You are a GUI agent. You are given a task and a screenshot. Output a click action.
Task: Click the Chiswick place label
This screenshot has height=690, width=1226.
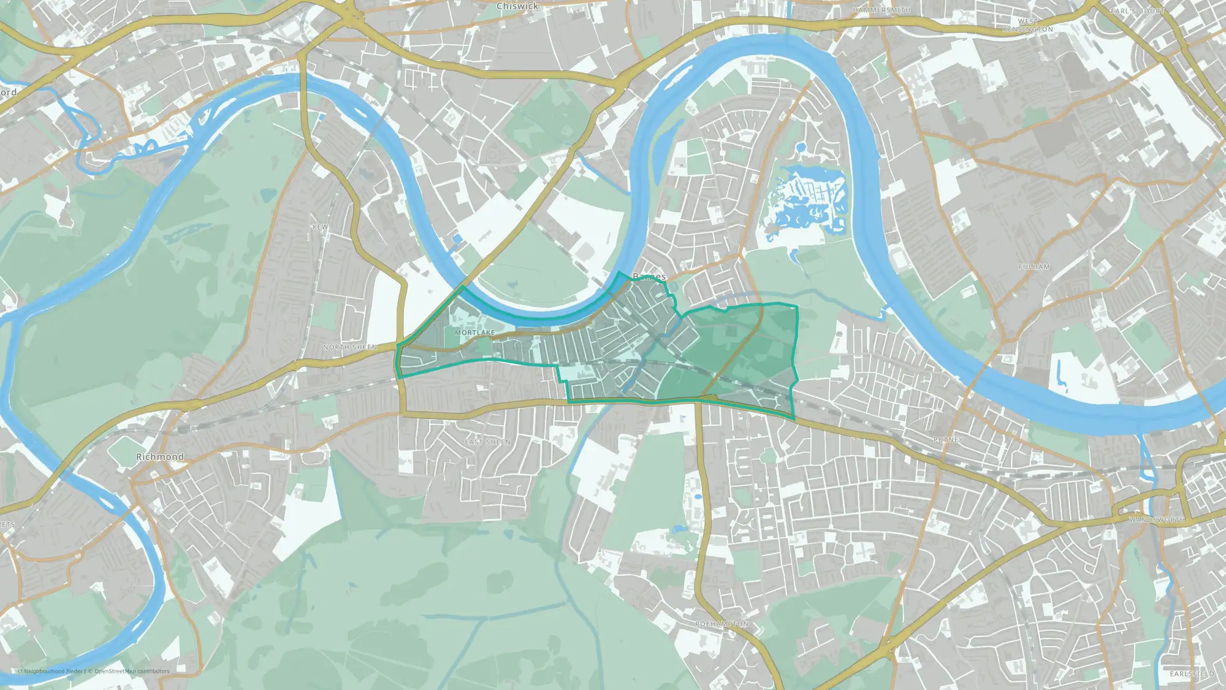(x=517, y=6)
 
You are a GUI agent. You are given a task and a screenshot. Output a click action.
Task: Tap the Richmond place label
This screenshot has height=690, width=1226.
(x=160, y=457)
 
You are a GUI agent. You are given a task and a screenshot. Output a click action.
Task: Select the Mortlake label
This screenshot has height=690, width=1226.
(x=474, y=332)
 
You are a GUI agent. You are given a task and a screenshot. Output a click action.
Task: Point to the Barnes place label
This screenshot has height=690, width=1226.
(x=649, y=277)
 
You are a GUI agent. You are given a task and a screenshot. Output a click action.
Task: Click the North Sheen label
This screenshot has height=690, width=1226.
(x=350, y=347)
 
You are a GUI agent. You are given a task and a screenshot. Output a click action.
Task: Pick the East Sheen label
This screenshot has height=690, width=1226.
(x=487, y=442)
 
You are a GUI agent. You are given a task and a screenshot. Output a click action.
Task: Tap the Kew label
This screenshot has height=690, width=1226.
(x=320, y=227)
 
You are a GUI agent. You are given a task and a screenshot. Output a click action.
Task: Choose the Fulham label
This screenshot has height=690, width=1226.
(x=1034, y=267)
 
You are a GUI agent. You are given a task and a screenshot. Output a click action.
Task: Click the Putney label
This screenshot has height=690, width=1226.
(x=948, y=440)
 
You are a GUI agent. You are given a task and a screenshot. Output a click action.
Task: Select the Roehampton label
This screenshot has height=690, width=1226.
(x=722, y=624)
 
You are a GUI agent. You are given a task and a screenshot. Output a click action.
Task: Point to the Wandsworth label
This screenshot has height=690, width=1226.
(x=1157, y=519)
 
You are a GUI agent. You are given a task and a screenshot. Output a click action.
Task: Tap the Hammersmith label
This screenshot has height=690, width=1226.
(x=881, y=10)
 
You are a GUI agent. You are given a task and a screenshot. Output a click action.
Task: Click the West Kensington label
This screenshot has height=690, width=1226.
(x=1028, y=25)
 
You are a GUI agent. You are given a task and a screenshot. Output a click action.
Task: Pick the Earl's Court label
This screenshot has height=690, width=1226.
(x=1137, y=11)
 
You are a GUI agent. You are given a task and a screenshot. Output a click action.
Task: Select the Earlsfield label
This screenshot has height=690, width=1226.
(x=1192, y=673)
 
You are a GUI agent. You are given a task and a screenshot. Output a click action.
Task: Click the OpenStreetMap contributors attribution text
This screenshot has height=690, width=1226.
(x=132, y=671)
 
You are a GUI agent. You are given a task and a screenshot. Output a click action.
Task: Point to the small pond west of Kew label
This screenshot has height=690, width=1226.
(x=268, y=195)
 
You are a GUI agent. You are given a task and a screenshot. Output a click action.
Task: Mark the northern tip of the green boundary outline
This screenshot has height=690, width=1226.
(x=620, y=272)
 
